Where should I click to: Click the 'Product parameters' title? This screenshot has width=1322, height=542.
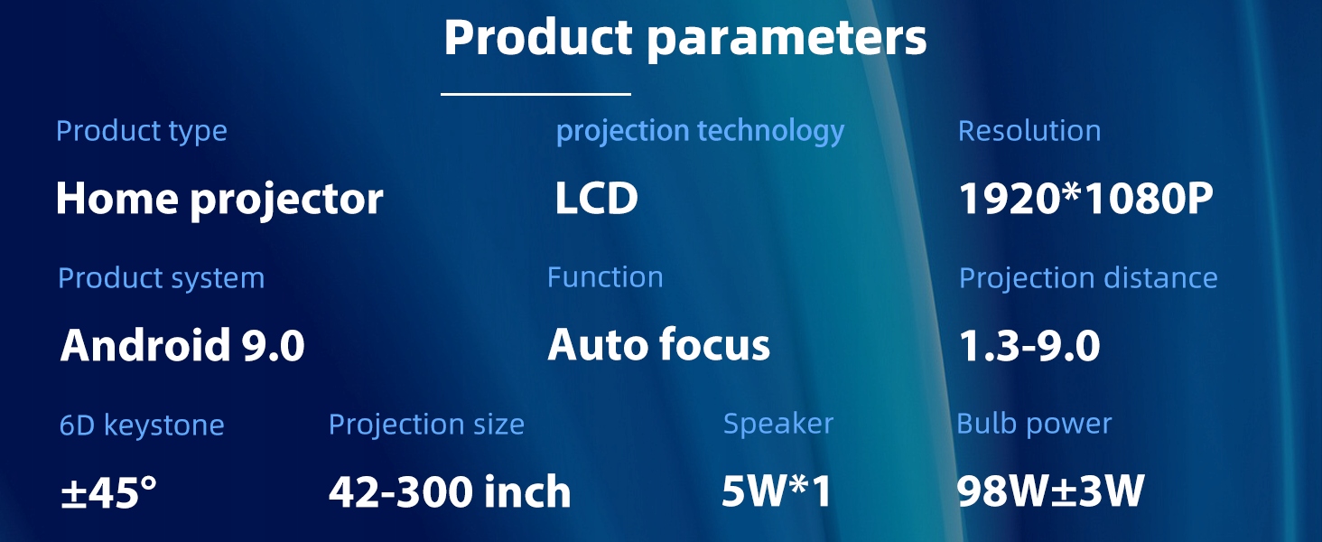685,39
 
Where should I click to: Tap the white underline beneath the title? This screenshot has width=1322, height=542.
535,93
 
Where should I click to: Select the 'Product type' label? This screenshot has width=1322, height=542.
142,130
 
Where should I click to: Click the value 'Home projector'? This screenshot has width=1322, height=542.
219,199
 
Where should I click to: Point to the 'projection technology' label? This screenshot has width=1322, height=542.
700,130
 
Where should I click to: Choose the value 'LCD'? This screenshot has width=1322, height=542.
597,198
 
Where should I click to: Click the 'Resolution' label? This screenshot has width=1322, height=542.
1029,130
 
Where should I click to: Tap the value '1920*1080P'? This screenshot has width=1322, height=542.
1086,198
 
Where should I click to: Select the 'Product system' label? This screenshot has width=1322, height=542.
161,278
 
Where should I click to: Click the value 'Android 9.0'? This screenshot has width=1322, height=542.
182,344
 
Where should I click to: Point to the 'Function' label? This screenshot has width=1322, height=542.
605,277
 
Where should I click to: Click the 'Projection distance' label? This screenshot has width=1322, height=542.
1088,277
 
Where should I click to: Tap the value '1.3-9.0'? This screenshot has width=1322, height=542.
1029,345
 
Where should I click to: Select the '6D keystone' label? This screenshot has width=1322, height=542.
142,425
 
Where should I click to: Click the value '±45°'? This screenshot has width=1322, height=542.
108,491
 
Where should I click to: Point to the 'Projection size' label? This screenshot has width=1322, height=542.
426,425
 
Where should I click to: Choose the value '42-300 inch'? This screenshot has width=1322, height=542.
450,491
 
